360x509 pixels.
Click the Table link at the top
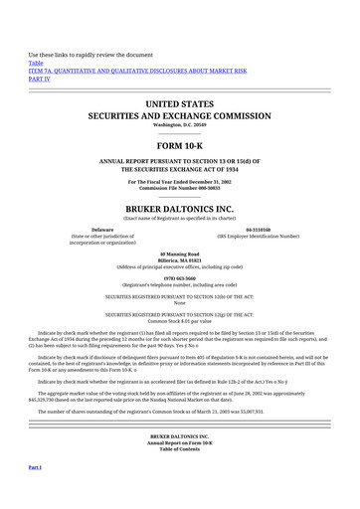[x=36, y=63]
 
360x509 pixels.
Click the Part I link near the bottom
[x=34, y=466]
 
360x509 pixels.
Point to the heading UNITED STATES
[x=179, y=103]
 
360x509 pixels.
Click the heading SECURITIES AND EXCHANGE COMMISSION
[x=179, y=115]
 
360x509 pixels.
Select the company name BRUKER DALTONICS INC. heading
[x=179, y=210]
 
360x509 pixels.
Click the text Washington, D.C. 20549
[x=179, y=125]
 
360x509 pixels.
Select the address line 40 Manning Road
[x=179, y=254]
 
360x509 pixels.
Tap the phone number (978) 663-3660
[x=179, y=277]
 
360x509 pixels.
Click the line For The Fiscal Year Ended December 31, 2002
[x=179, y=183]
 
